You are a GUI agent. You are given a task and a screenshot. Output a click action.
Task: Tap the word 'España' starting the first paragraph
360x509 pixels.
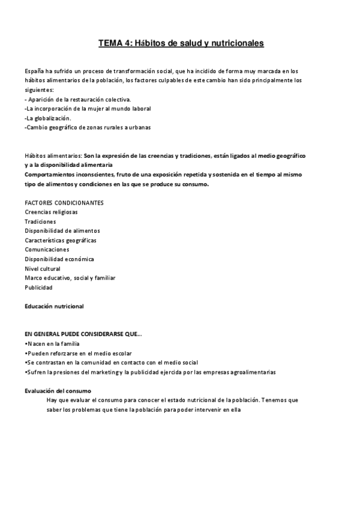point(34,71)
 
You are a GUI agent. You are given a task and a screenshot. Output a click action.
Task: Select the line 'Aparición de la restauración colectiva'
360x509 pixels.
point(79,99)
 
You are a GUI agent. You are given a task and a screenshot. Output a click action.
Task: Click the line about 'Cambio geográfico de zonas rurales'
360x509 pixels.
point(88,127)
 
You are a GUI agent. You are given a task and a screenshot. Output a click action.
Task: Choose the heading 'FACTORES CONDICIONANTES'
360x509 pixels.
point(64,202)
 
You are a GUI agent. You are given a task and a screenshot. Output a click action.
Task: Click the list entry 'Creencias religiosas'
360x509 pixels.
point(51,212)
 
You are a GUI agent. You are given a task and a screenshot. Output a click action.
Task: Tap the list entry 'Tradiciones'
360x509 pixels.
point(40,221)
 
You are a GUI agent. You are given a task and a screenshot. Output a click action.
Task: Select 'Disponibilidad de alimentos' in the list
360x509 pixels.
point(62,230)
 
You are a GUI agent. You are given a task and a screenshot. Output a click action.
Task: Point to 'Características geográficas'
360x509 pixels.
point(61,240)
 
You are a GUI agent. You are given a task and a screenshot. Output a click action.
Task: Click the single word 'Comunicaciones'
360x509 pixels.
point(47,250)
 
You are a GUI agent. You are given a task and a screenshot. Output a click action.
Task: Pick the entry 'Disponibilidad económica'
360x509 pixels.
point(59,259)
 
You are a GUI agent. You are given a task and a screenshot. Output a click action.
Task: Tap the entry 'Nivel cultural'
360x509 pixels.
point(43,268)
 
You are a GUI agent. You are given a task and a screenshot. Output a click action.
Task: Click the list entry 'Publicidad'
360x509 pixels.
point(38,288)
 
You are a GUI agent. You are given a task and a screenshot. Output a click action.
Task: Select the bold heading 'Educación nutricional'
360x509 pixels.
point(54,306)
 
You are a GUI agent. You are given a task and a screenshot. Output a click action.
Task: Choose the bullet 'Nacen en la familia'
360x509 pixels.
point(53,344)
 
